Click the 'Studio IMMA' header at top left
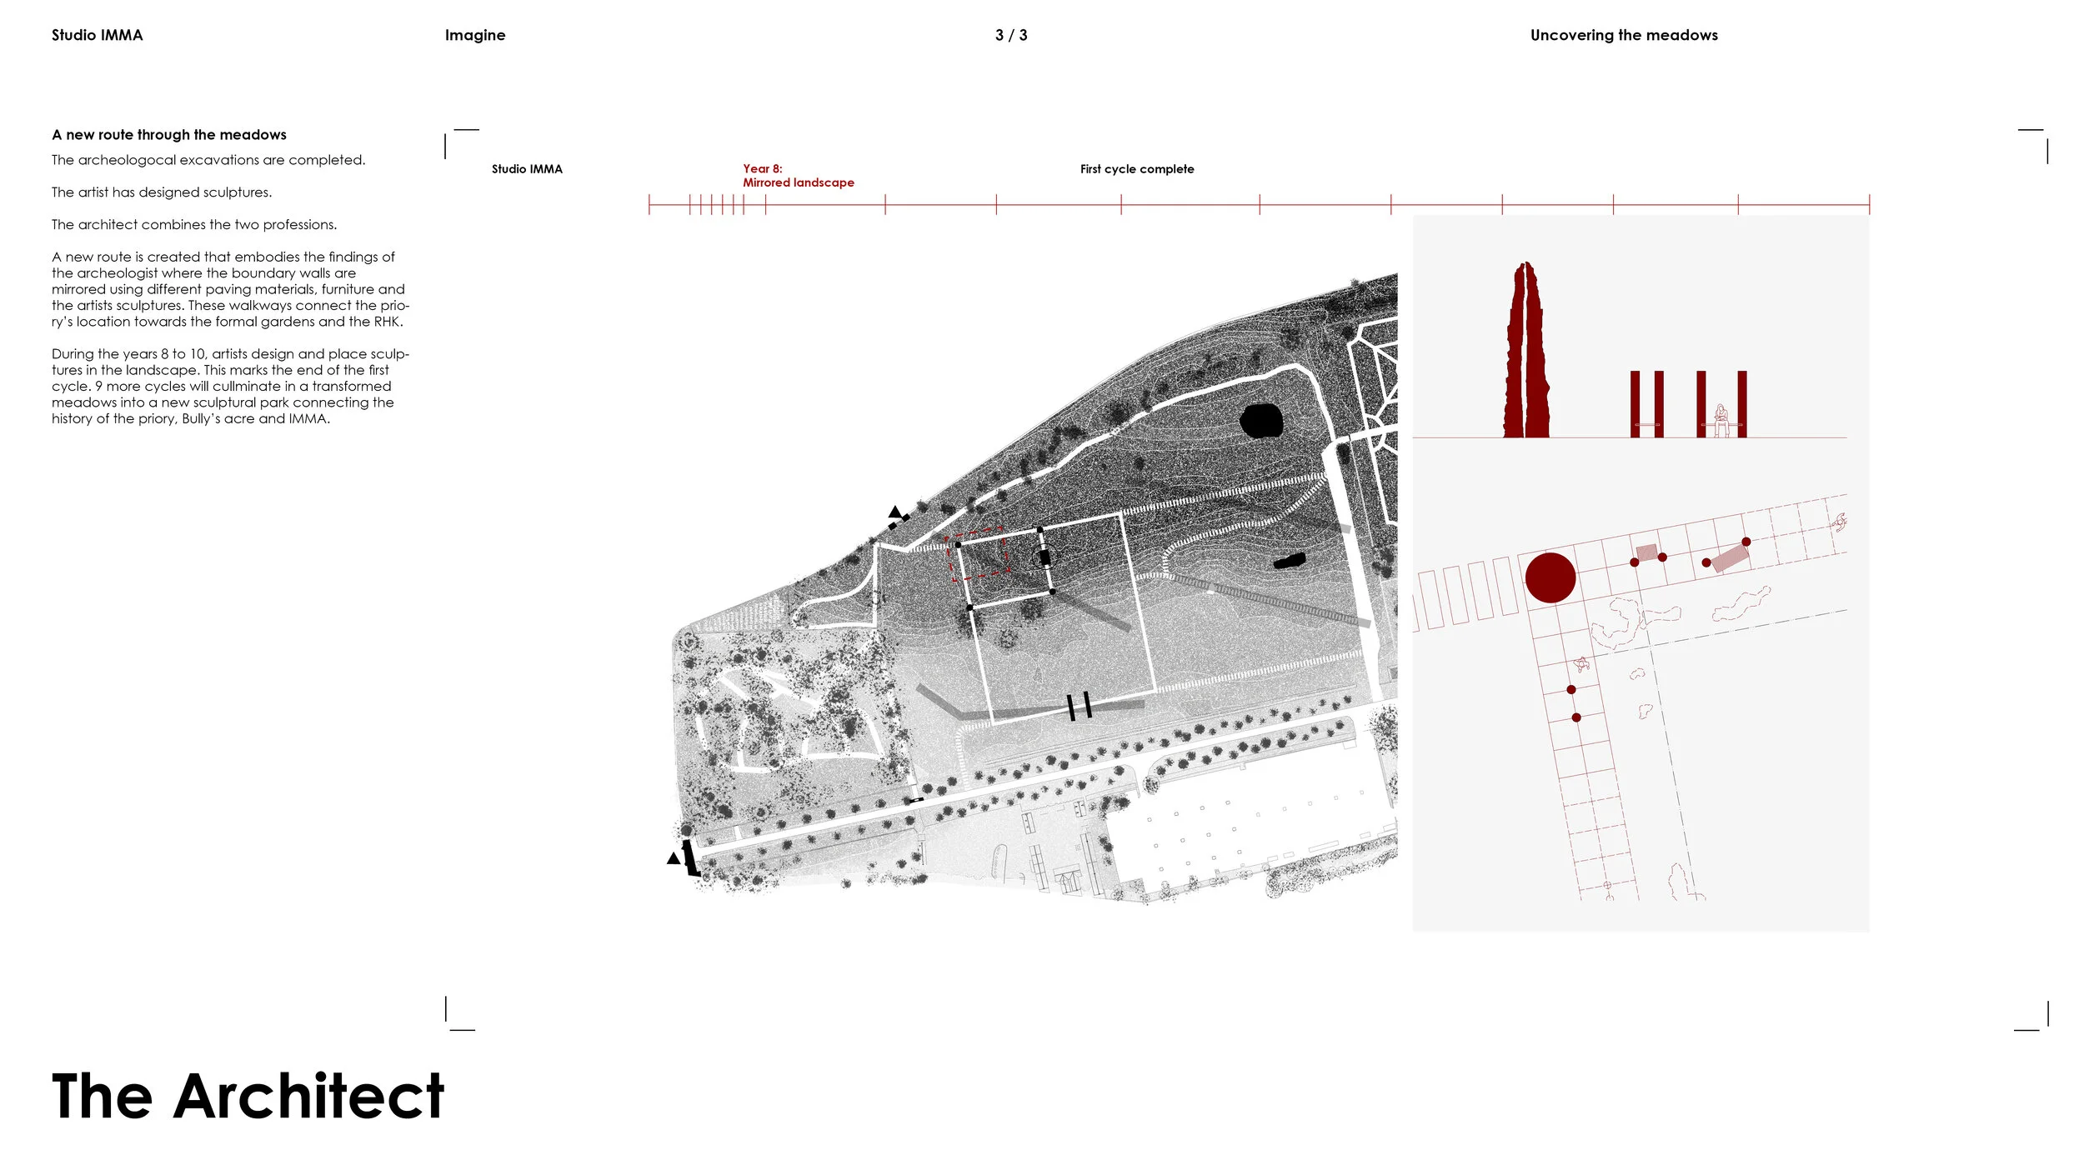[97, 35]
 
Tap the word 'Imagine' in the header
[474, 35]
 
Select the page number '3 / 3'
[1010, 35]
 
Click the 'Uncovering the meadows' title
[1623, 35]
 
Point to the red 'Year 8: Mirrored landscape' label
[797, 176]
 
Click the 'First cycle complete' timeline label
[1136, 169]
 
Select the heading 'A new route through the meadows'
[168, 135]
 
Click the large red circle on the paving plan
[1550, 577]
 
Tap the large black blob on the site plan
[1260, 421]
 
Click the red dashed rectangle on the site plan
[979, 554]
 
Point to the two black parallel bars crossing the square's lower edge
[1079, 706]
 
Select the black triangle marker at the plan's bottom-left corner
[673, 858]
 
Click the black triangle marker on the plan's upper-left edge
[894, 512]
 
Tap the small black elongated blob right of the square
[1290, 561]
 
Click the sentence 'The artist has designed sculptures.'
[162, 192]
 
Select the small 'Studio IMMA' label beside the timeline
[527, 169]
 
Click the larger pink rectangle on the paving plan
[1731, 557]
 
